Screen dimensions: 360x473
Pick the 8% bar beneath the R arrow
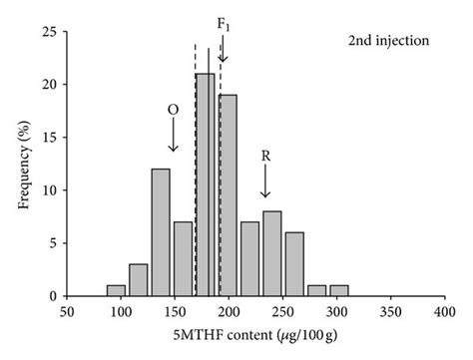pyautogui.click(x=271, y=253)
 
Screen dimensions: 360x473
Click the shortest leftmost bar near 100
pyautogui.click(x=117, y=291)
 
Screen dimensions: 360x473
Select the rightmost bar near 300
pyautogui.click(x=339, y=291)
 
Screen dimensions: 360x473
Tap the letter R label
pyautogui.click(x=265, y=156)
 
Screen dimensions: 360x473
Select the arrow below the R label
pyautogui.click(x=265, y=182)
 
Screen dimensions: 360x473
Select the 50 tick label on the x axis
pyautogui.click(x=67, y=311)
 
